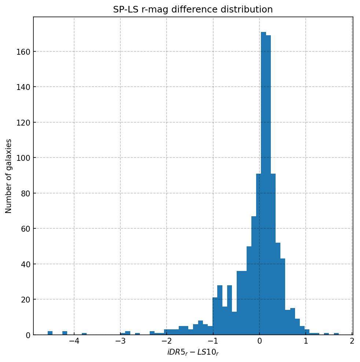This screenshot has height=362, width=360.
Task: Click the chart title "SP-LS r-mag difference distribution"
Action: (x=193, y=10)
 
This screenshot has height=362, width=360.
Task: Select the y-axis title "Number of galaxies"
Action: (x=9, y=176)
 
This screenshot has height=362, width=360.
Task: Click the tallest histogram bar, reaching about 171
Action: (x=263, y=184)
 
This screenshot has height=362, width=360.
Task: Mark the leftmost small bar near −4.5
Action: (x=50, y=333)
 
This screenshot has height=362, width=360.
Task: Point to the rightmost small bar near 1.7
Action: (x=336, y=334)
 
